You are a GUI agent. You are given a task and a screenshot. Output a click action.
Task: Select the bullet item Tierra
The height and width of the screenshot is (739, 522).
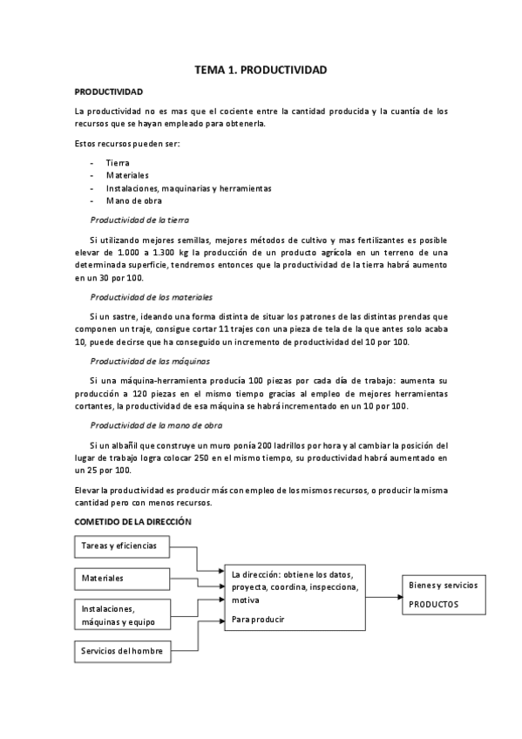[x=117, y=163]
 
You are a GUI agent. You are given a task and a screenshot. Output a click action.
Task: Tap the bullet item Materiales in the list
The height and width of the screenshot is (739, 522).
[x=127, y=175]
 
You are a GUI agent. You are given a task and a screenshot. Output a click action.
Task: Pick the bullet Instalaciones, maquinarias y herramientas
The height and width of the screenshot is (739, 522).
[x=188, y=188]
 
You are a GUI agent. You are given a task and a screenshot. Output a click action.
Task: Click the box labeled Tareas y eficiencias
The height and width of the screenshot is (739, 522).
[x=123, y=546]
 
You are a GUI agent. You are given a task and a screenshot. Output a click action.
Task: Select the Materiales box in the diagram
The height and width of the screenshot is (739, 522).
[x=123, y=578]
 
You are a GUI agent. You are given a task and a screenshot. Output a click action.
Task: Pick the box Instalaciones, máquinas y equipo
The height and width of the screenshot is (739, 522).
[x=123, y=615]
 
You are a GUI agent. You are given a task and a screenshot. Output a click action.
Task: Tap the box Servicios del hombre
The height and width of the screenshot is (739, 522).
[x=123, y=651]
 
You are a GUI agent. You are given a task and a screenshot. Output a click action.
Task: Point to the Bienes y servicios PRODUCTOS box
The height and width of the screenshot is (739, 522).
[x=444, y=595]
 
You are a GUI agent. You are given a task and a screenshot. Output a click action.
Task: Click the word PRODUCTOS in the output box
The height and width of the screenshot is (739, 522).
[x=433, y=604]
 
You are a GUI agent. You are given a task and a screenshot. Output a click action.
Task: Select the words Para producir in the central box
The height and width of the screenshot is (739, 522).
[x=258, y=619]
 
